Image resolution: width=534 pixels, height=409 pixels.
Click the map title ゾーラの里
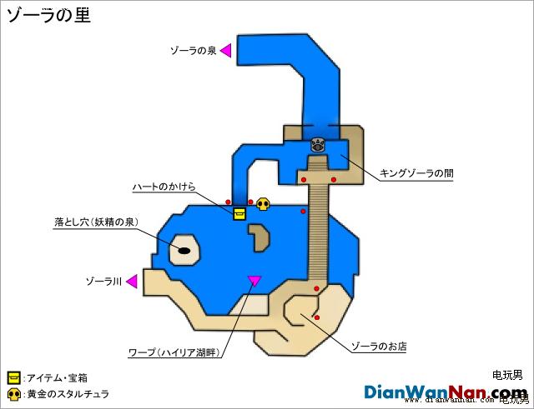[x=48, y=16]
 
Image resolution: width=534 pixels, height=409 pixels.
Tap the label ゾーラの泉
[x=193, y=51]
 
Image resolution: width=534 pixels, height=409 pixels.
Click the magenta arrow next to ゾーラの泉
[x=226, y=50]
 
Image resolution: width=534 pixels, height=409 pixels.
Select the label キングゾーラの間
[x=416, y=173]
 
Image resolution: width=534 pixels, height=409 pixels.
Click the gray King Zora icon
[x=317, y=145]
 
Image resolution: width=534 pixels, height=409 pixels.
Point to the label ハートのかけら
[x=164, y=187]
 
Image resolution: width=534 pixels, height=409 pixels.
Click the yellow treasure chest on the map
[x=239, y=214]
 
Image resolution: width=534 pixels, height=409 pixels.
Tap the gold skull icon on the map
[x=263, y=203]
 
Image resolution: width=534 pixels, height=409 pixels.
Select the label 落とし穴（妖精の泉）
[x=97, y=222]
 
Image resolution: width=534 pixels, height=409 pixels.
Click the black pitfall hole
[x=184, y=251]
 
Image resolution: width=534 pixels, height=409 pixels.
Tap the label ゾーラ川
[x=103, y=282]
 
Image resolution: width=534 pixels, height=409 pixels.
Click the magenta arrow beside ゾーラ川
[x=132, y=282]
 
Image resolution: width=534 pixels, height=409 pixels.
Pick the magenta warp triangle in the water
[x=254, y=280]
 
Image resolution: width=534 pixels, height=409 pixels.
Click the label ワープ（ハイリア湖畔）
[x=174, y=352]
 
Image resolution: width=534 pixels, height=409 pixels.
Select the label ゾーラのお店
[x=379, y=347]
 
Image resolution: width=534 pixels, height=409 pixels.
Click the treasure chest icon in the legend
[x=13, y=378]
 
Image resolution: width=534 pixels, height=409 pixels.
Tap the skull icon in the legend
[x=13, y=394]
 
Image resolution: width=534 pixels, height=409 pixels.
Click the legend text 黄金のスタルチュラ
[x=68, y=394]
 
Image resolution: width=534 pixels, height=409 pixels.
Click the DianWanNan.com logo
[x=446, y=392]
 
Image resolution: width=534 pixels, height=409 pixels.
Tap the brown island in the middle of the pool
[x=259, y=237]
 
